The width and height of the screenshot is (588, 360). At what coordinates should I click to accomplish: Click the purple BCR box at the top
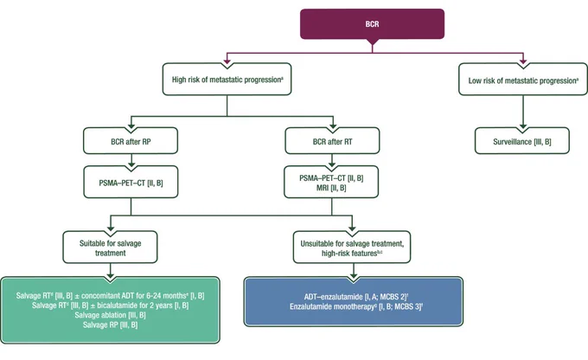372,24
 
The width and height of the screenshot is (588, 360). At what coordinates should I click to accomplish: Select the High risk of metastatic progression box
227,80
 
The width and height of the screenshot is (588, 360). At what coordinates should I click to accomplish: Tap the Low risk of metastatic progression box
523,80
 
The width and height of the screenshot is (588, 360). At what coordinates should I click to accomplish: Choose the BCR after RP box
131,141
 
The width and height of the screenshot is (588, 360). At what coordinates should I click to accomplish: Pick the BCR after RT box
332,141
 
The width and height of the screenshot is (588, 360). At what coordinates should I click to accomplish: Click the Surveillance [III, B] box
522,141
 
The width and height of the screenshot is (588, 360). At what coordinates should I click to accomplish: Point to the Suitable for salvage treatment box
111,247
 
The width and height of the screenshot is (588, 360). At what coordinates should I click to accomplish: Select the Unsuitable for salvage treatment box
352,247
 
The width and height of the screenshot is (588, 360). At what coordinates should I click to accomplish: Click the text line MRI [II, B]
331,188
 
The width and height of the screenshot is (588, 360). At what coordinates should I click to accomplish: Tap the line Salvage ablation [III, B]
111,315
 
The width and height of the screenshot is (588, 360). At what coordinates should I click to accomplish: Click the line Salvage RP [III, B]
111,325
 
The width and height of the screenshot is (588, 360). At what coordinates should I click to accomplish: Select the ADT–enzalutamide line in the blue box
356,297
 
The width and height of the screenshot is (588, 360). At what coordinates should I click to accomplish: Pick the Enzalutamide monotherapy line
356,306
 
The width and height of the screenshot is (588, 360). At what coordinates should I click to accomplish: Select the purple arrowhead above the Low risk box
523,62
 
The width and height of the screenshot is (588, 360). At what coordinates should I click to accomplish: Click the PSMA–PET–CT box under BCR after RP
131,182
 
